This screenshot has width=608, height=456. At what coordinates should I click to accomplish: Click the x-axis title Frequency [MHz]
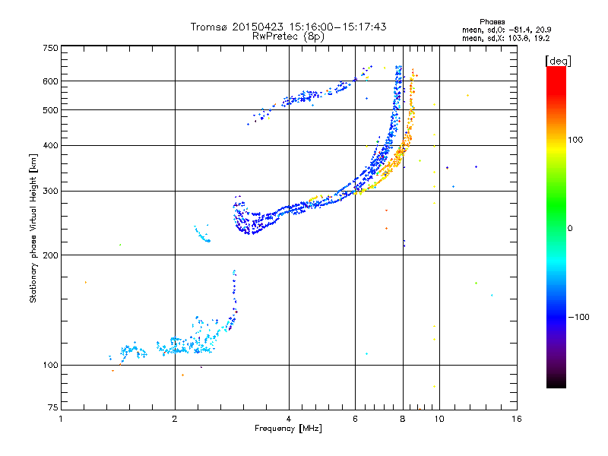[x=288, y=429]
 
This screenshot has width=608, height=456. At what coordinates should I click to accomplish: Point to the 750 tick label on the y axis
[x=50, y=48]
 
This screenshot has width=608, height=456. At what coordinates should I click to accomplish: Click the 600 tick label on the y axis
[x=50, y=81]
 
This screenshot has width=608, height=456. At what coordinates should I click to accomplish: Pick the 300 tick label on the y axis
[x=50, y=192]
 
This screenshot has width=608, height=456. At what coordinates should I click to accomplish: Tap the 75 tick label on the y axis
[x=52, y=410]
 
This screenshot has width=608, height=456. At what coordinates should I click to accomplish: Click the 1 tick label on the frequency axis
[x=62, y=419]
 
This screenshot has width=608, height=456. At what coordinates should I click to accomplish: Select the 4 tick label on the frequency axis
[x=289, y=419]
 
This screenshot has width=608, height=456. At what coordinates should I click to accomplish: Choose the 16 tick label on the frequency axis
[x=516, y=419]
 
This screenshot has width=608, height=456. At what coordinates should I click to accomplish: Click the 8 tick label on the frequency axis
[x=402, y=419]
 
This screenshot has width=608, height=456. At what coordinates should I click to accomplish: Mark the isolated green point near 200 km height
[x=120, y=245]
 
